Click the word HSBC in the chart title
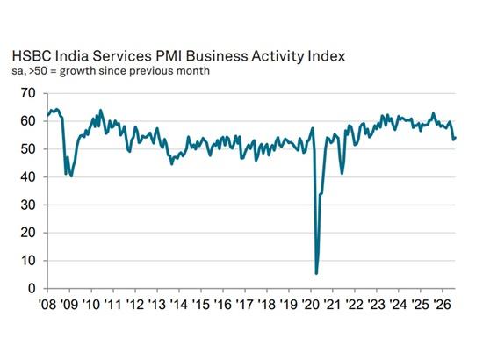tap(32, 56)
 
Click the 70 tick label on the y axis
tap(28, 93)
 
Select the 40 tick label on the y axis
tap(28, 177)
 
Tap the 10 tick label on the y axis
tap(28, 261)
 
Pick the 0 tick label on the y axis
tap(32, 289)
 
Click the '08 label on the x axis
tap(47, 305)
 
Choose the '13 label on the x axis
tap(157, 305)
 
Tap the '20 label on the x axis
tap(311, 305)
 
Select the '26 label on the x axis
tap(443, 305)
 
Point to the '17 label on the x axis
tap(245, 305)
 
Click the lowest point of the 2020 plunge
tap(316, 273)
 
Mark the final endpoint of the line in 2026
tap(455, 138)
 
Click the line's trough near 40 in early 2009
tap(71, 176)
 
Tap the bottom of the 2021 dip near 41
tap(342, 173)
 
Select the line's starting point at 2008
tap(47, 116)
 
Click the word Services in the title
tap(122, 56)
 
